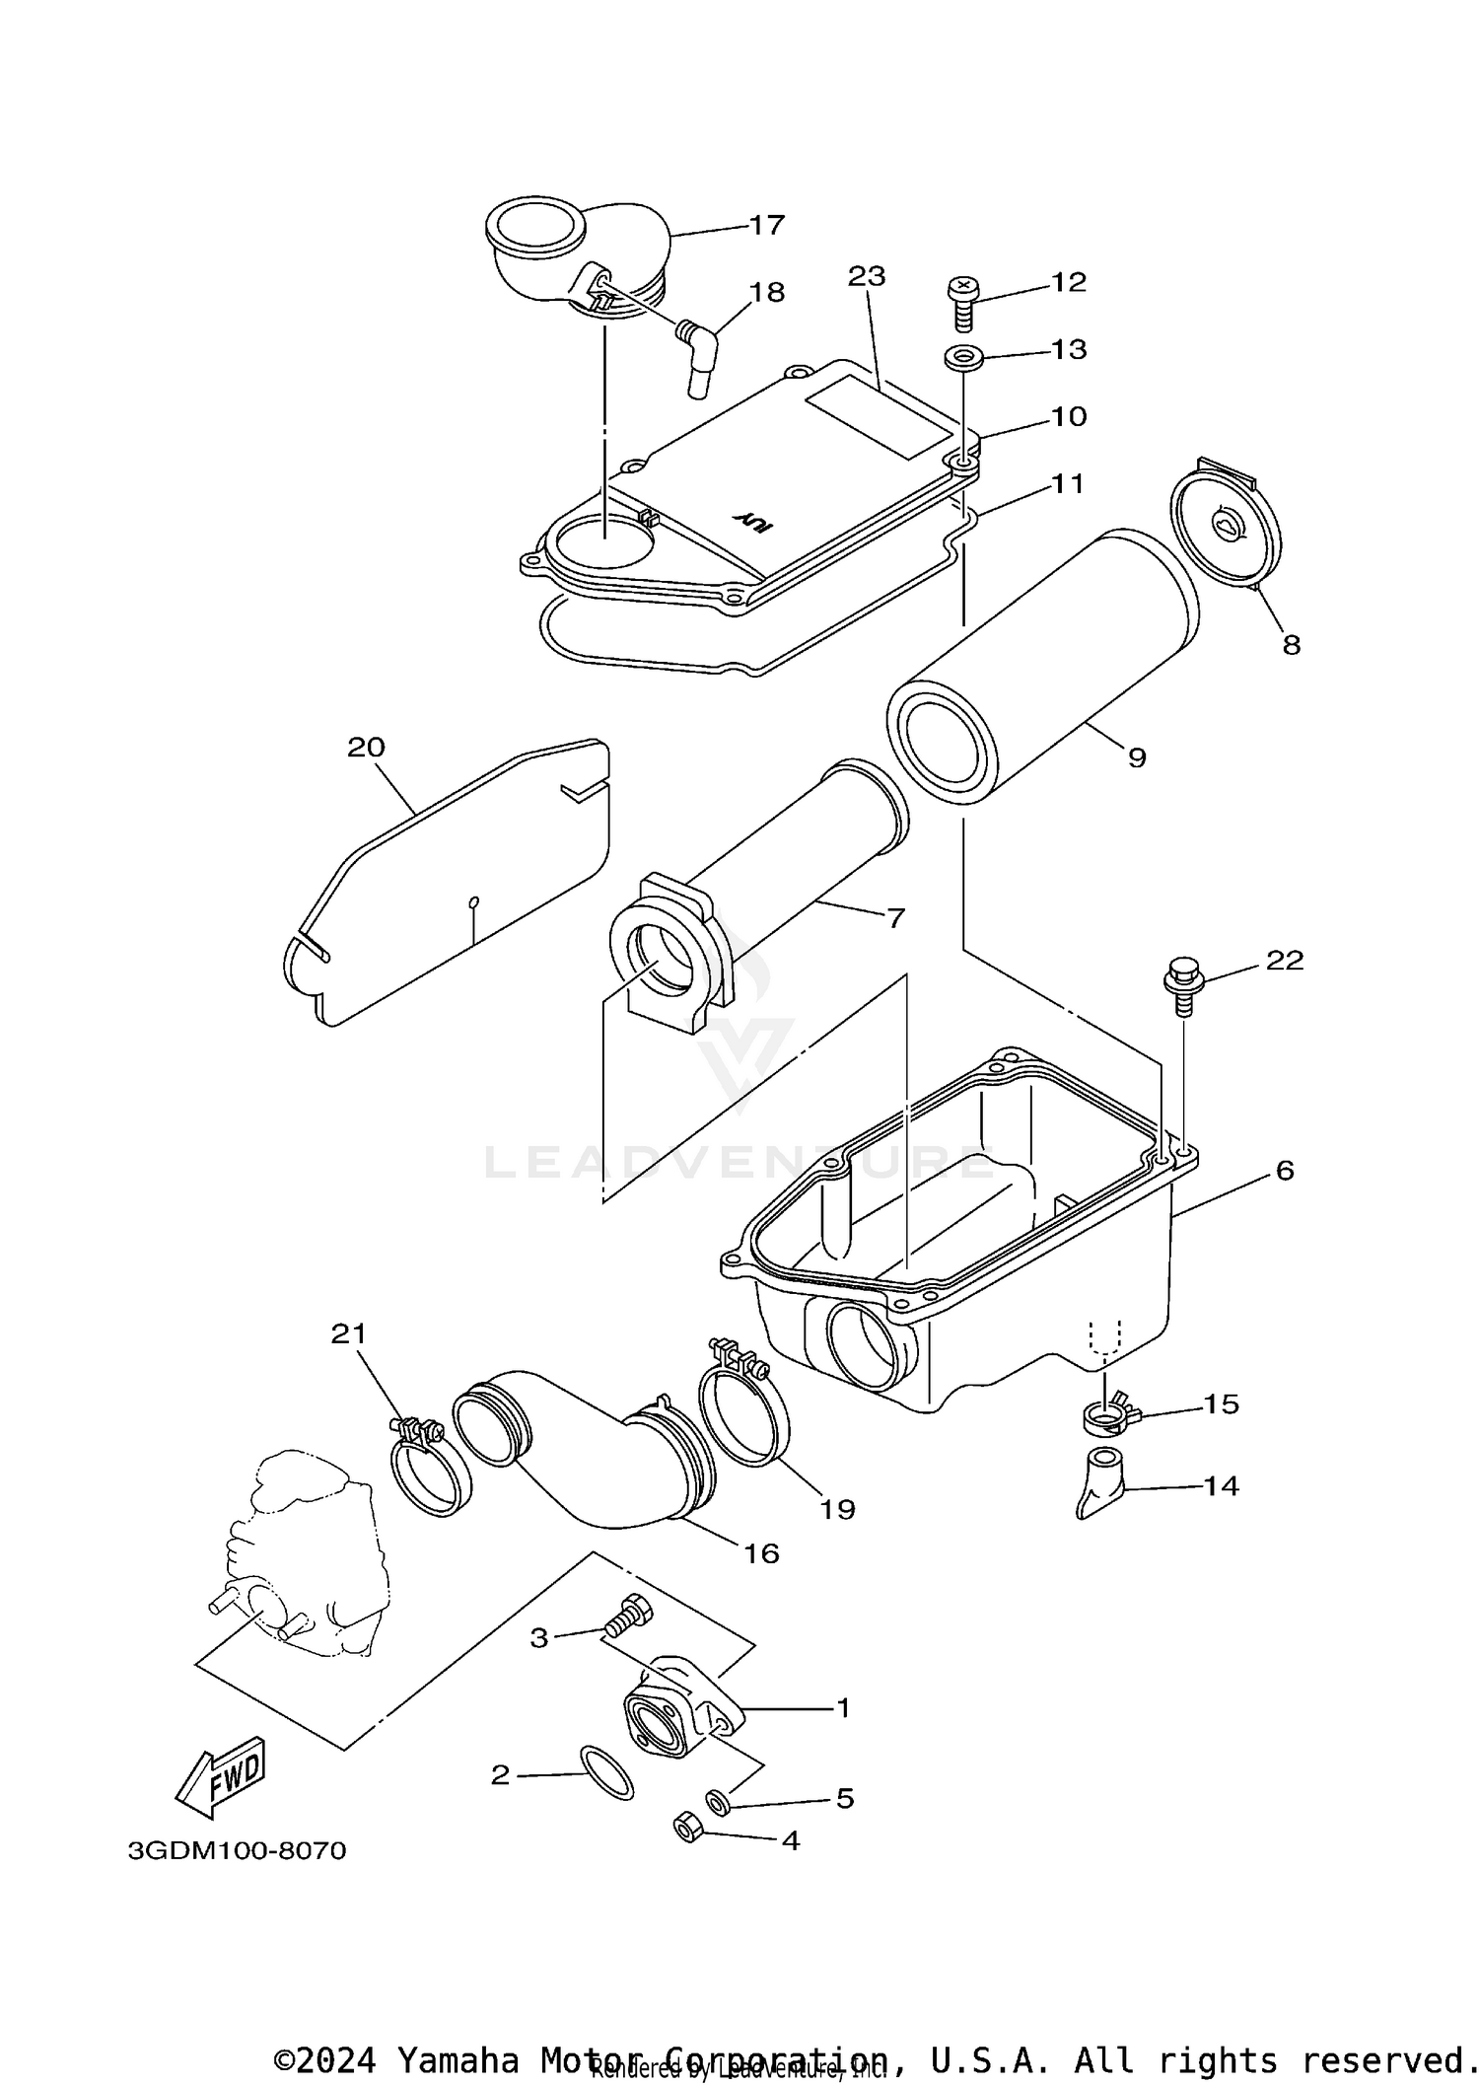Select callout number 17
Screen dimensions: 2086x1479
click(x=766, y=225)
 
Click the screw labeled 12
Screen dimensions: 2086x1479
click(x=961, y=302)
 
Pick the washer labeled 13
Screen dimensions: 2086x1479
click(x=961, y=357)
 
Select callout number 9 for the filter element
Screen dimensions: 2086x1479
click(x=1137, y=757)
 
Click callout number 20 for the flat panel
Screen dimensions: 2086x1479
click(x=366, y=748)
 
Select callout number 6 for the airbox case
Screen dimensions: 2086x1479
click(x=1284, y=1171)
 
